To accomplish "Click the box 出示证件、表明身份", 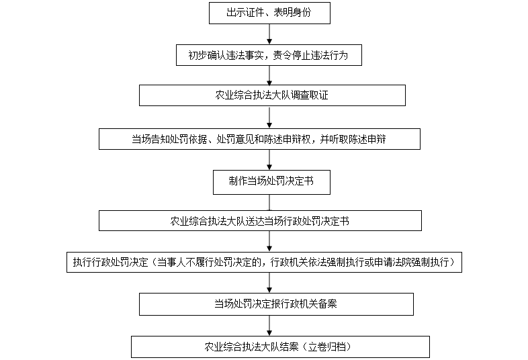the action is pos(269,13).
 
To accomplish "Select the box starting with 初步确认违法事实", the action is pos(269,55).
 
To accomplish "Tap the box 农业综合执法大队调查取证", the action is pos(272,95).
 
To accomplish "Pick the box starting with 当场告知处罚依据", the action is pos(259,139).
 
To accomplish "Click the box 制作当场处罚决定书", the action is pos(271,182).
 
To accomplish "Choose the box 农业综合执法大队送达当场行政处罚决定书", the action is pos(260,220).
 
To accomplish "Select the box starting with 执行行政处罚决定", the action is pos(264,262).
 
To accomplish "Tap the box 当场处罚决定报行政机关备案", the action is pos(276,304).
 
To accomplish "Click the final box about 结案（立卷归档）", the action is pos(280,347).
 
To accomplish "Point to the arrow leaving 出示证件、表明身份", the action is pos(269,34).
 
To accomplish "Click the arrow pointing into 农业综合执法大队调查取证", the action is pos(269,75).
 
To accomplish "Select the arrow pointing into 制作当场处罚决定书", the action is pos(269,160).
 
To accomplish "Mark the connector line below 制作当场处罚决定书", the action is pos(269,202).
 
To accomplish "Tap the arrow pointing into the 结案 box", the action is pos(269,326).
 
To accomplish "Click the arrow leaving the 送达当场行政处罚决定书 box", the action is pos(269,242).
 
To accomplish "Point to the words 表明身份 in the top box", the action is pos(292,13).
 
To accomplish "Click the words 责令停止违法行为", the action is pos(310,55).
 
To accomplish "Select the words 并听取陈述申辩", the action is pos(353,139).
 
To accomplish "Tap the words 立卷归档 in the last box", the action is pos(327,347).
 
